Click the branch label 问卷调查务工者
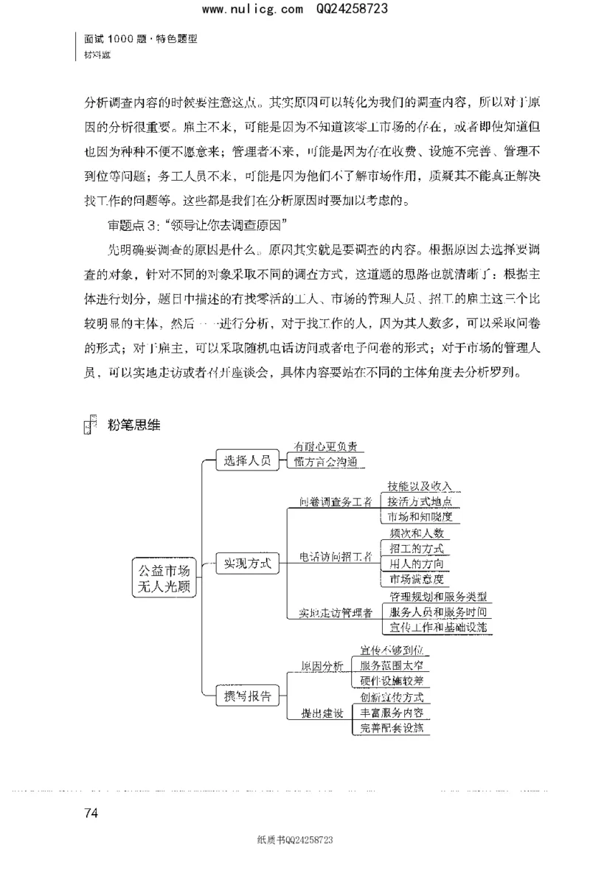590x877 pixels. click(x=336, y=502)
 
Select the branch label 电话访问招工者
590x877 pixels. click(x=336, y=558)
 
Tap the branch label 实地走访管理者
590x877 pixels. click(x=336, y=612)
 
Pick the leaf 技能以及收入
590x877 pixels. click(x=420, y=487)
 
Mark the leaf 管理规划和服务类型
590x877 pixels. click(x=437, y=597)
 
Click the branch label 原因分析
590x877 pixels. click(x=322, y=666)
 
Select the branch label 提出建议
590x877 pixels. click(x=322, y=713)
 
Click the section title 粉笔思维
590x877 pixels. click(x=133, y=424)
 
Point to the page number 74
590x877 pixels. click(x=91, y=814)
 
